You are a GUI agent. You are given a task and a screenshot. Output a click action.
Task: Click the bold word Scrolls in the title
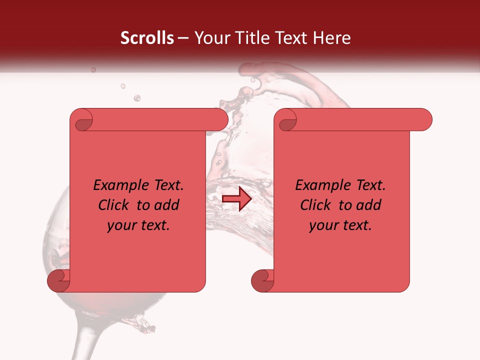point(147,38)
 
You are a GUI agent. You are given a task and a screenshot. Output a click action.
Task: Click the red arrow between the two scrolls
point(237,199)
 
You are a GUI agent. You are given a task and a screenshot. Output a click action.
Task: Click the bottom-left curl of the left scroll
point(58,280)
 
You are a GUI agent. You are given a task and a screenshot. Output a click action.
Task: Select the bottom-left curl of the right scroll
point(262,280)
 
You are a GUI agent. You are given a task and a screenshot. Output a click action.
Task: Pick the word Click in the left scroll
point(115,205)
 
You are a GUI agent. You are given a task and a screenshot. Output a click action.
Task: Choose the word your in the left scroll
point(122,225)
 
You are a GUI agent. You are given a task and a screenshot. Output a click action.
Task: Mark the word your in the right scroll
point(324,225)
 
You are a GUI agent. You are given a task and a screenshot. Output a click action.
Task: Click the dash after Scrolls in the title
point(183,38)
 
